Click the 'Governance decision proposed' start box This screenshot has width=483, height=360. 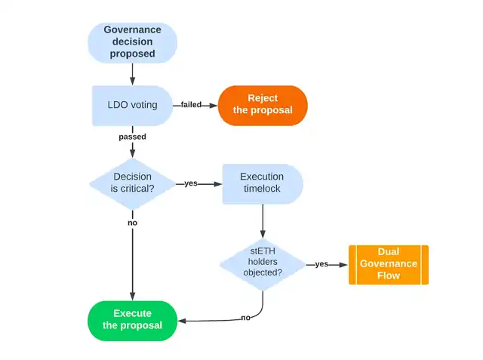(x=133, y=42)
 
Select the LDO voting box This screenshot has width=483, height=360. (x=133, y=105)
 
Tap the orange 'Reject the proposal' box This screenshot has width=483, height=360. (x=263, y=105)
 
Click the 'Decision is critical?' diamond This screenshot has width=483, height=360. (x=133, y=183)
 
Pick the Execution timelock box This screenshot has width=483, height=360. (x=262, y=183)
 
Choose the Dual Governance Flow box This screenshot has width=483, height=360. (x=388, y=264)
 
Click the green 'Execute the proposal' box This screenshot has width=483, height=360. (x=133, y=319)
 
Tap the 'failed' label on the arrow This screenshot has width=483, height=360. (x=192, y=105)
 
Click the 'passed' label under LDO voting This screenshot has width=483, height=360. (x=133, y=137)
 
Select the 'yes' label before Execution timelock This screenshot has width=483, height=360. (x=191, y=183)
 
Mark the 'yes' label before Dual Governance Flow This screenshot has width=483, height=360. (x=321, y=264)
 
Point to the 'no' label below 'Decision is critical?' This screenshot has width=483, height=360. (x=133, y=223)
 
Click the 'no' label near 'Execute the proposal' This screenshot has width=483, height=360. (x=246, y=318)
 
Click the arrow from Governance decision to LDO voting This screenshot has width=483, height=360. (x=133, y=73)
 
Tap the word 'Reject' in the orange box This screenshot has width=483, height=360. (x=263, y=98)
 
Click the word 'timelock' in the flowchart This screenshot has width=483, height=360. (x=262, y=190)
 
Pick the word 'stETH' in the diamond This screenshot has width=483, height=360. (x=263, y=251)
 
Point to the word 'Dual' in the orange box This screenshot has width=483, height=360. (x=388, y=251)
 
